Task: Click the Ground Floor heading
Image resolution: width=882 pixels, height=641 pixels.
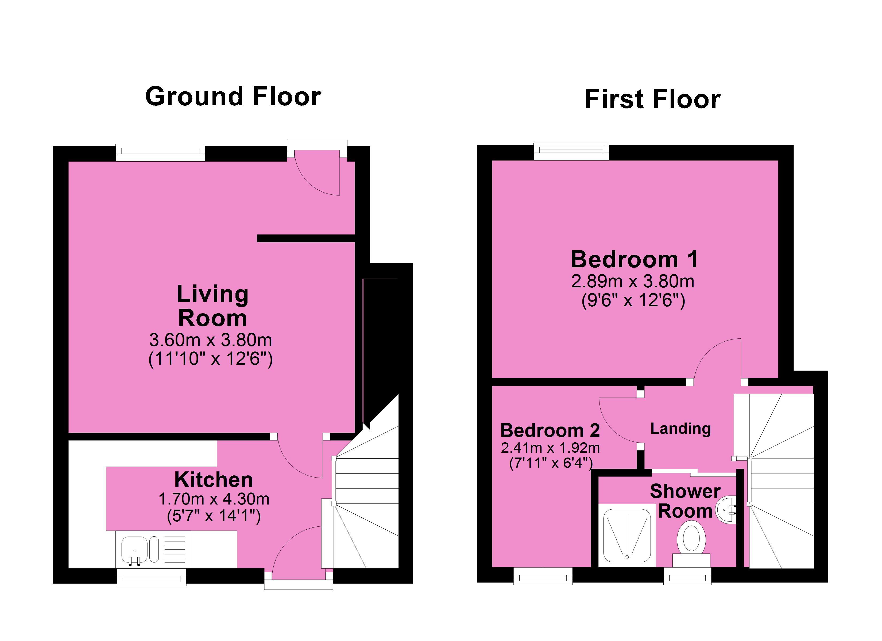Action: coord(233,96)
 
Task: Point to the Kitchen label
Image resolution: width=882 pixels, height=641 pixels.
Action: coord(214,480)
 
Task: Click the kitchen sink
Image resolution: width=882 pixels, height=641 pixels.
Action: coord(134,550)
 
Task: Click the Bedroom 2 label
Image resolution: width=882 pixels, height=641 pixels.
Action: coord(550,431)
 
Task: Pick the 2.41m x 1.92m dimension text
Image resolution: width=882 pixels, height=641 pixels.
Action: coord(550,448)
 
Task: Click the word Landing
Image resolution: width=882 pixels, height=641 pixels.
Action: coord(680,429)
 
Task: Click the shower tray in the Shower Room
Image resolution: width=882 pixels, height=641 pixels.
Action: coord(627,535)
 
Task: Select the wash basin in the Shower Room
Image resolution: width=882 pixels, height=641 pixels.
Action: coord(726,510)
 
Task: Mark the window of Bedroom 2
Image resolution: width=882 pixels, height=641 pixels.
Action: coord(543,576)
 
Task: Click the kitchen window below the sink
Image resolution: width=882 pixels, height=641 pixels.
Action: coord(151,577)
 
